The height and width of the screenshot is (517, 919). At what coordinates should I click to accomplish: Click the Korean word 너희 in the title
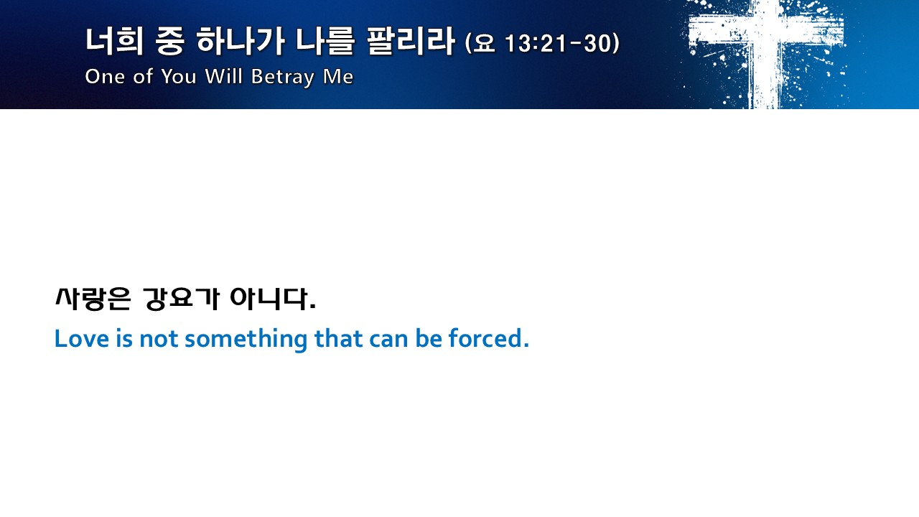tap(114, 42)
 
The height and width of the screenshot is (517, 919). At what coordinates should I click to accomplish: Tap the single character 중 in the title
tap(169, 42)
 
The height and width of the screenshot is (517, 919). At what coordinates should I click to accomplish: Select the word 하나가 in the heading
tap(240, 42)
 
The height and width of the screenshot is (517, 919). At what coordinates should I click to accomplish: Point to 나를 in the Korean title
tap(325, 42)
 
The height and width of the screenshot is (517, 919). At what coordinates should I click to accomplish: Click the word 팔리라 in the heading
tap(411, 42)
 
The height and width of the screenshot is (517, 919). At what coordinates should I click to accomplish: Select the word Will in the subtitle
tap(223, 76)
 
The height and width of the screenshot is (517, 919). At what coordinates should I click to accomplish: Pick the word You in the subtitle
tap(179, 76)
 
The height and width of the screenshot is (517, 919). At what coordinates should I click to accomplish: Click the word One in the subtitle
tap(105, 76)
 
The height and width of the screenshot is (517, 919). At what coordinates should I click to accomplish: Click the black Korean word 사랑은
tap(93, 299)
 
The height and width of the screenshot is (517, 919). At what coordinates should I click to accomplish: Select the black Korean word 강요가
tap(181, 299)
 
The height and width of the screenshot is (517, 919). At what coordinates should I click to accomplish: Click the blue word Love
tap(82, 339)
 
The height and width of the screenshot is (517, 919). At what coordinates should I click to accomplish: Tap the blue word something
tap(246, 340)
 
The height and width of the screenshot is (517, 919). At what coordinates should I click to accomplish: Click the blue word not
tap(159, 340)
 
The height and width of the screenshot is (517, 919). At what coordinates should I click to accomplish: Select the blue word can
tap(388, 340)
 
